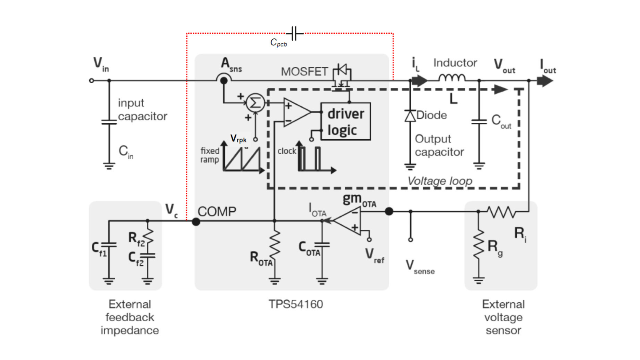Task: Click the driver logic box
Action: (346, 122)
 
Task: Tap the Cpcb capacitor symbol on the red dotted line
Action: (295, 34)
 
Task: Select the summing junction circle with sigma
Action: (255, 103)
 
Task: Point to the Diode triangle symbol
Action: (410, 116)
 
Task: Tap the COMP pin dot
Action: (196, 221)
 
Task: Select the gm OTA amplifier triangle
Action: (349, 220)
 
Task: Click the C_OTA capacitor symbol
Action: (322, 245)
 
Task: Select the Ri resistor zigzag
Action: (501, 212)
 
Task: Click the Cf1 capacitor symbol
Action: (109, 245)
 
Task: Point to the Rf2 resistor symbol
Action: (148, 237)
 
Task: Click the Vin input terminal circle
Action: (92, 80)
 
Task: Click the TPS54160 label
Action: (296, 304)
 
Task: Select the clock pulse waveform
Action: (310, 159)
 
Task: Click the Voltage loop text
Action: (440, 181)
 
